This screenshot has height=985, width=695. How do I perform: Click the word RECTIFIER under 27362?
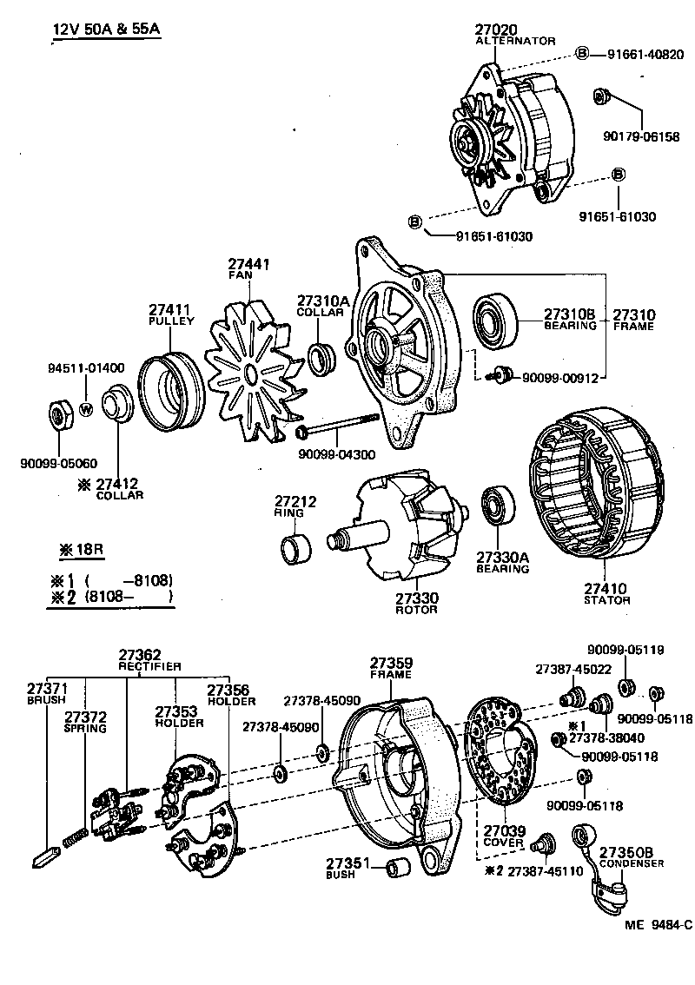tap(149, 666)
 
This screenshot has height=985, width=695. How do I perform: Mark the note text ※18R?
tap(83, 550)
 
